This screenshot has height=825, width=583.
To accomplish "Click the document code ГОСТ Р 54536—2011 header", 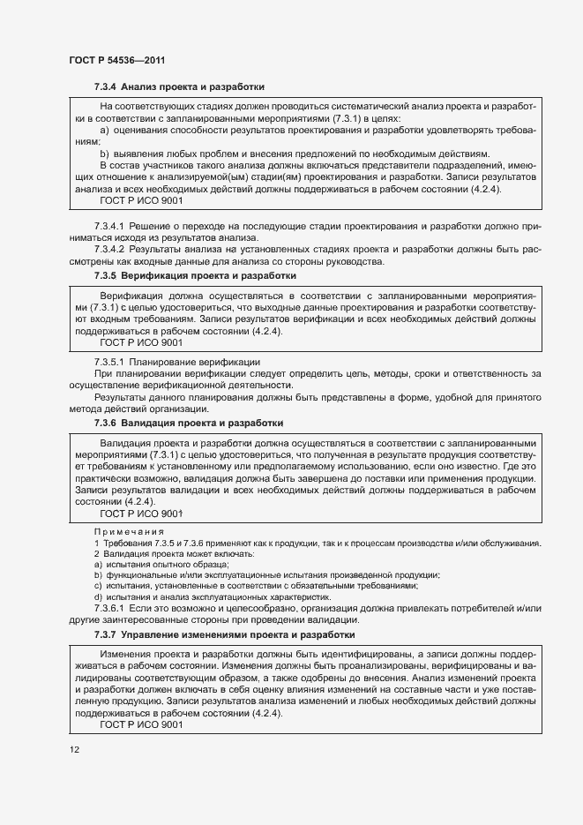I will (117, 60).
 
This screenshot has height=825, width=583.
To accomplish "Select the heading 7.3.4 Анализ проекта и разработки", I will (179, 86).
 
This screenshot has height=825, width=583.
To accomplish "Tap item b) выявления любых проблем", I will (291, 153).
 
